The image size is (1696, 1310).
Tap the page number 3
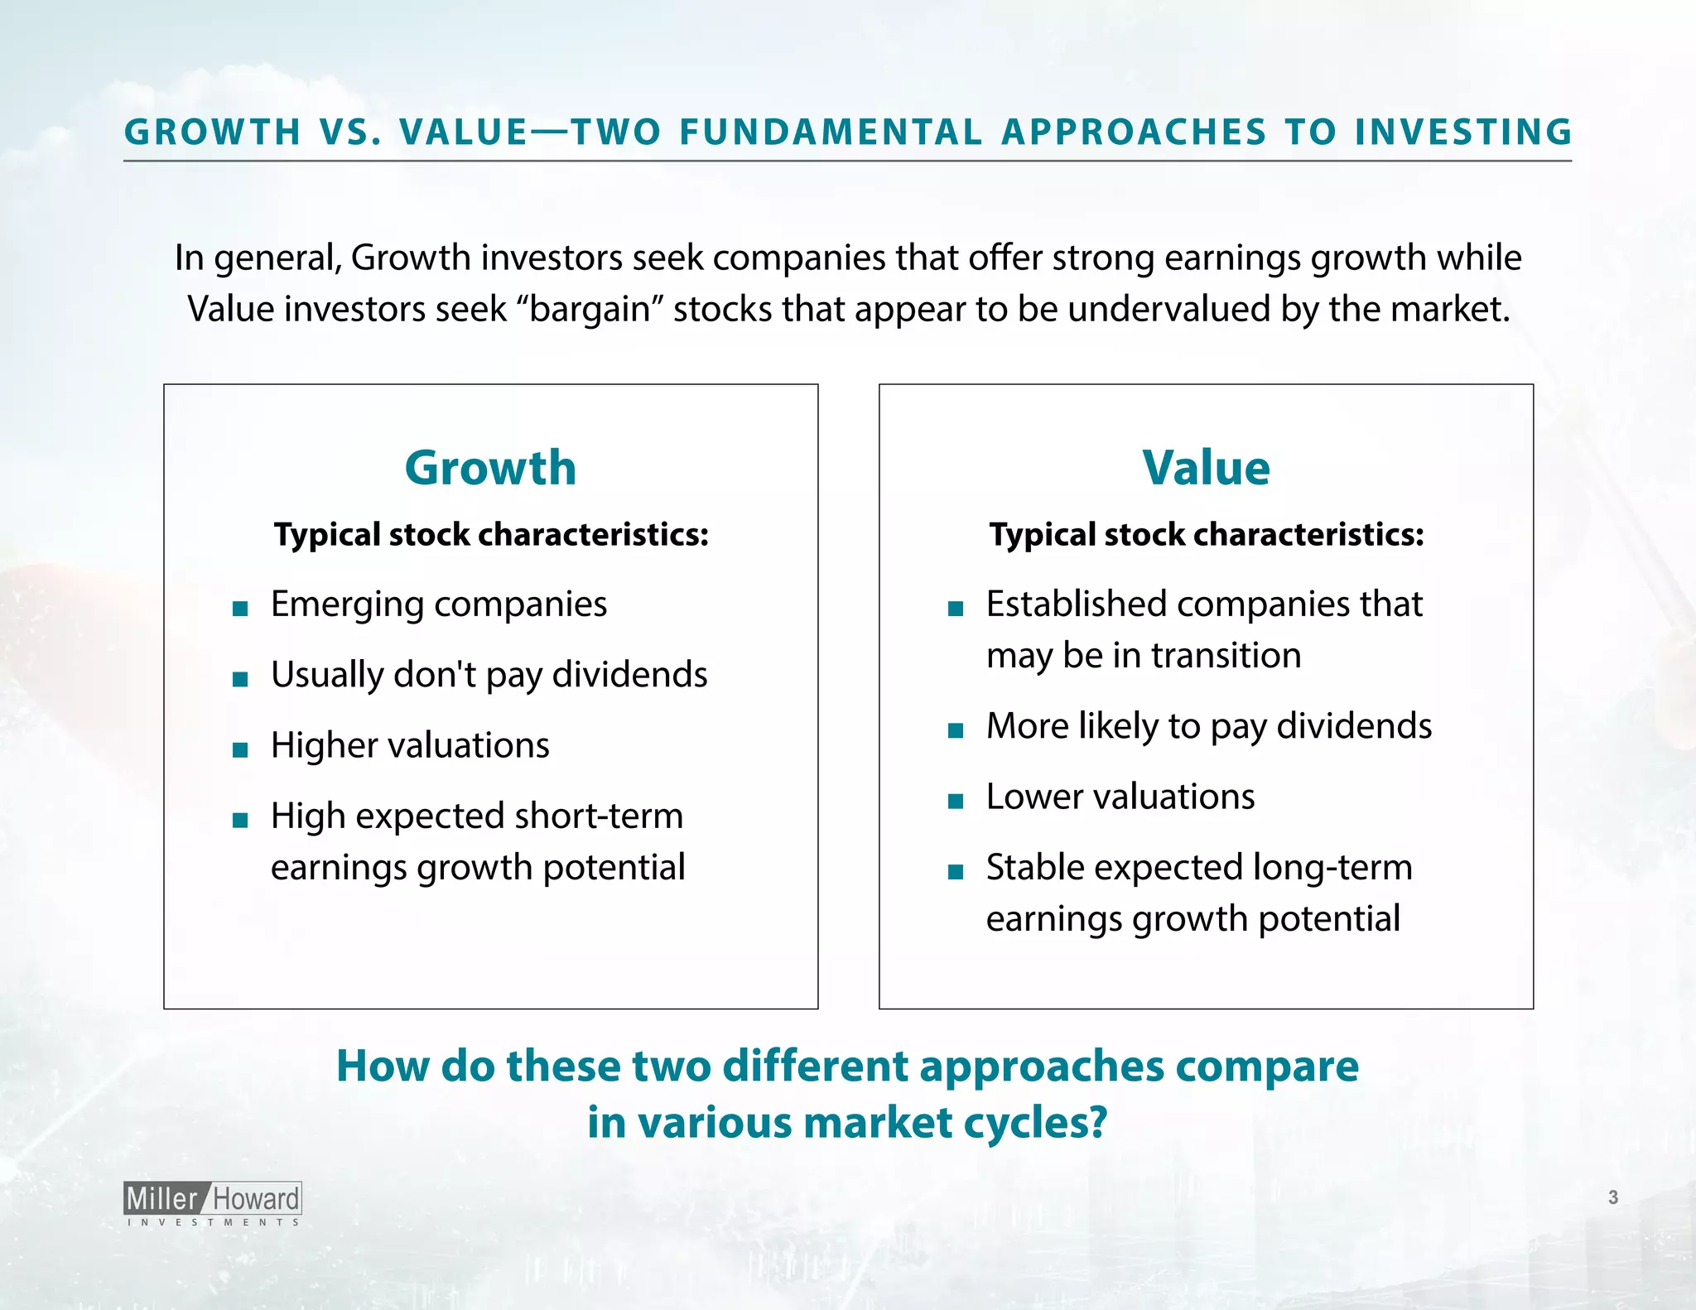coord(1612,1197)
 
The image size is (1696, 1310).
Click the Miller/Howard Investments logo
coord(213,1203)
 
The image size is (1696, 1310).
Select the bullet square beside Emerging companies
coord(240,609)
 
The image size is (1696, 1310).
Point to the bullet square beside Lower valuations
coord(956,801)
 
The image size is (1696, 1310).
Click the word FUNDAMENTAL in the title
coord(831,132)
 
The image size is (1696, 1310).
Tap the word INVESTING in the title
coord(1463,132)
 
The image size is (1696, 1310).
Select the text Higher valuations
coord(410,745)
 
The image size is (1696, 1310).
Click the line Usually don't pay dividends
coord(489,674)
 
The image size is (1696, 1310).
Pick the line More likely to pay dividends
coord(1208,726)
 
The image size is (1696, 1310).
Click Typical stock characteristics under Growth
coord(491,535)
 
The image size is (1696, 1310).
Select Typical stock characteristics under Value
coord(1207,535)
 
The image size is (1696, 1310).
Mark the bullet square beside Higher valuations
coord(240,750)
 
